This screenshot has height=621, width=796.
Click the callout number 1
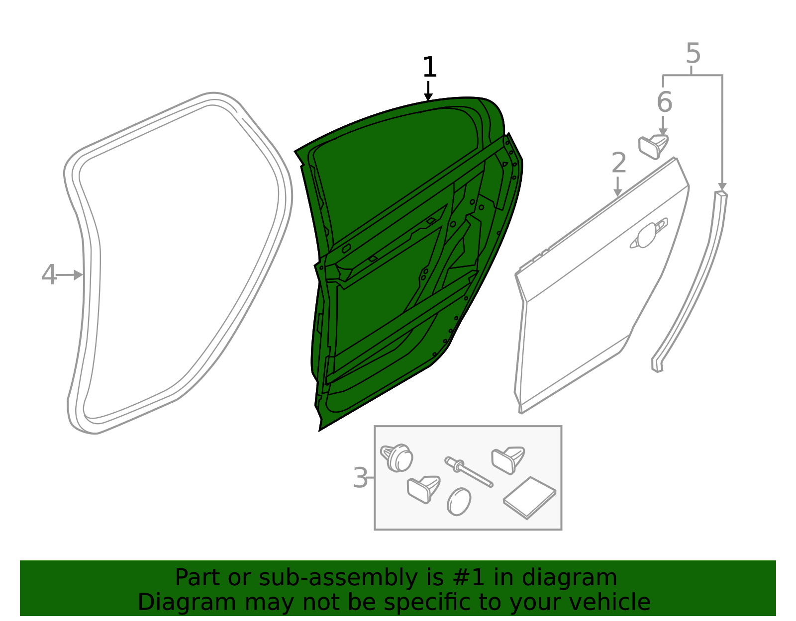(x=430, y=67)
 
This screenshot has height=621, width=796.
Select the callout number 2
(x=619, y=163)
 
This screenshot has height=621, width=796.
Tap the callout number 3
(x=360, y=478)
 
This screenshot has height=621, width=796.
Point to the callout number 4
(x=49, y=274)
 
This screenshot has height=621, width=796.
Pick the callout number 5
(x=693, y=53)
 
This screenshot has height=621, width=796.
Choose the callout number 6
(x=665, y=102)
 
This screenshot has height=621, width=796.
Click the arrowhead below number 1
(x=428, y=97)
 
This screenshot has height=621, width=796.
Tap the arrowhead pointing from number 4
(x=78, y=275)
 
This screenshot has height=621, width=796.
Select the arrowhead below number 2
(x=617, y=193)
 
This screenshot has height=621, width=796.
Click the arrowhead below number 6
(x=663, y=132)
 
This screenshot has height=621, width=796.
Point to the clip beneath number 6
(x=653, y=147)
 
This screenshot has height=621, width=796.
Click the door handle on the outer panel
(x=649, y=234)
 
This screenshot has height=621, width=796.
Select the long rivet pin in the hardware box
(x=469, y=472)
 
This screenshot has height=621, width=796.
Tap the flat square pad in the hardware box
(x=529, y=498)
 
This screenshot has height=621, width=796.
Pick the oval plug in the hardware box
(x=459, y=502)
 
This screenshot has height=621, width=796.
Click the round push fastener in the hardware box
(x=397, y=458)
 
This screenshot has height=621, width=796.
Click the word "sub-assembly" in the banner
(x=338, y=578)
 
